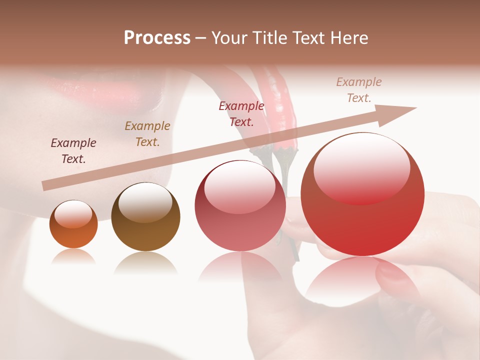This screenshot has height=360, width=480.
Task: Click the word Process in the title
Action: click(157, 38)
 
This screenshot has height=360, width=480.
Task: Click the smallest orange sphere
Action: click(73, 224)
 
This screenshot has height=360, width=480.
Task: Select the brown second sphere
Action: click(145, 217)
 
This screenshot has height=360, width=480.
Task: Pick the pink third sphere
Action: click(240, 206)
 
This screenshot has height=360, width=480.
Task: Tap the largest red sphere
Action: click(362, 195)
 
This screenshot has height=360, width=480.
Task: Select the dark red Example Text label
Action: click(241, 113)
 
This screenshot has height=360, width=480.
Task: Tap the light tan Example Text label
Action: click(359, 90)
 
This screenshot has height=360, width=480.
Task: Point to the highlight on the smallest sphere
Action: click(73, 214)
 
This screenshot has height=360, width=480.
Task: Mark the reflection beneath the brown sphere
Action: click(145, 263)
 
